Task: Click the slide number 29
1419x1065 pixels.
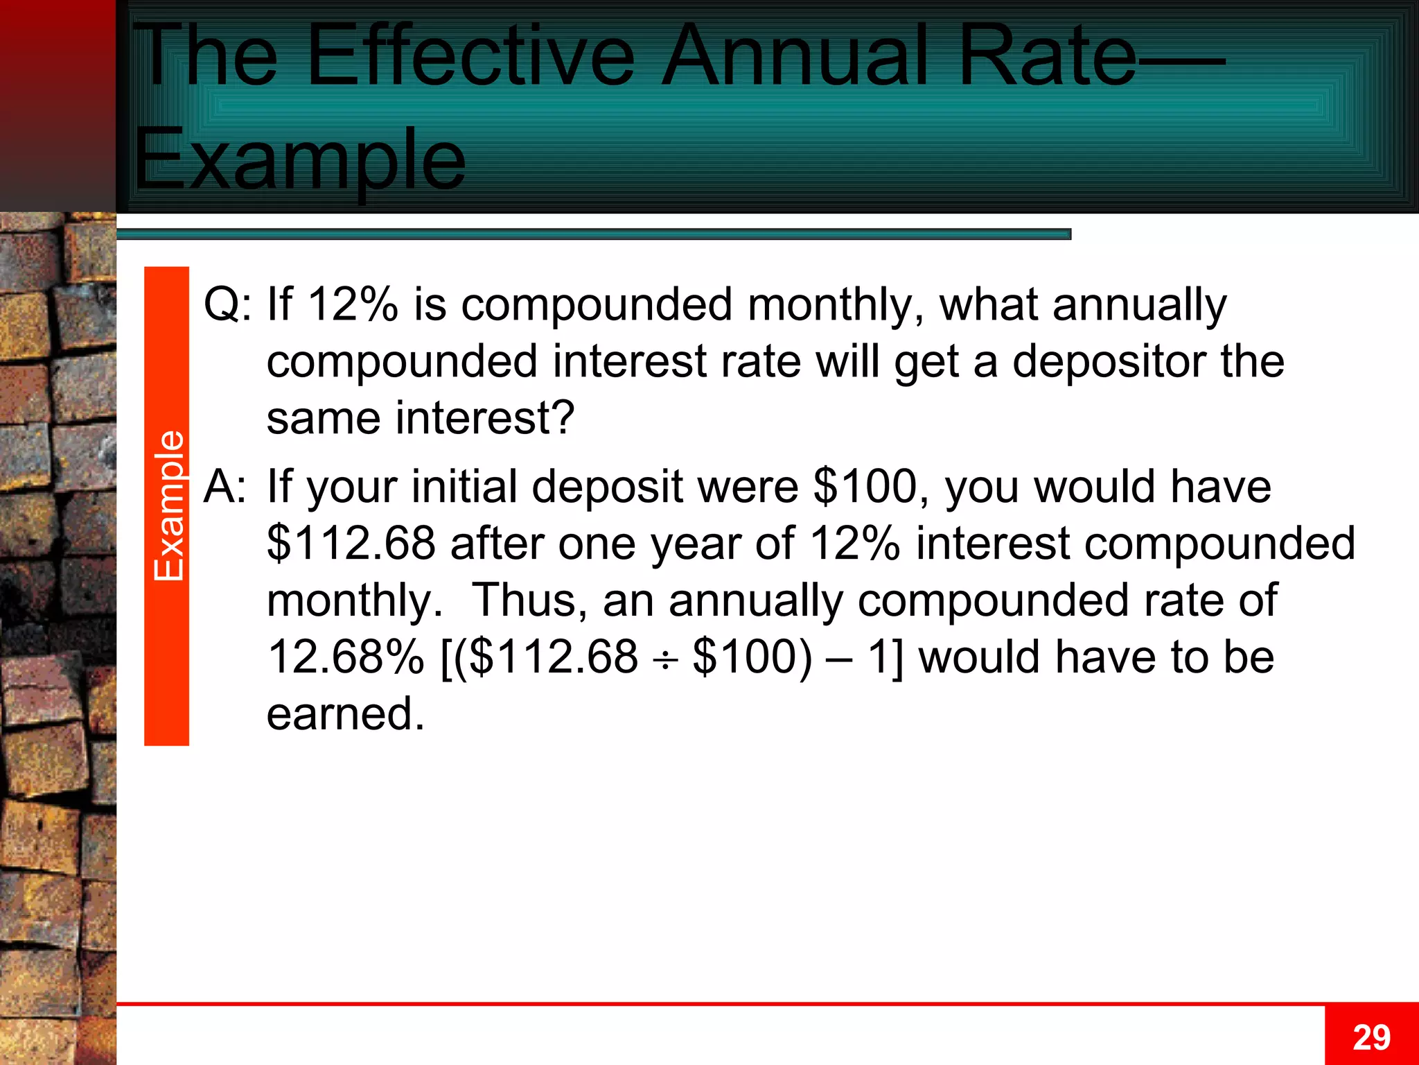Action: pyautogui.click(x=1371, y=1037)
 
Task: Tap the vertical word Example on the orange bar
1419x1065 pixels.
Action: pyautogui.click(x=168, y=505)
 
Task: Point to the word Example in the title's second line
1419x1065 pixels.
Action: pyautogui.click(x=299, y=161)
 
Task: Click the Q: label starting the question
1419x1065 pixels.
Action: pyautogui.click(x=228, y=304)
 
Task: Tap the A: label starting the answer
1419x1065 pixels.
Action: pyautogui.click(x=225, y=486)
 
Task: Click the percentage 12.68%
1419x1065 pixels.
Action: pyautogui.click(x=346, y=657)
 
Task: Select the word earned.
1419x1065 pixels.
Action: pyautogui.click(x=345, y=714)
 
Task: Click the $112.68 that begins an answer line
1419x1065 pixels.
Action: pyautogui.click(x=351, y=543)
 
